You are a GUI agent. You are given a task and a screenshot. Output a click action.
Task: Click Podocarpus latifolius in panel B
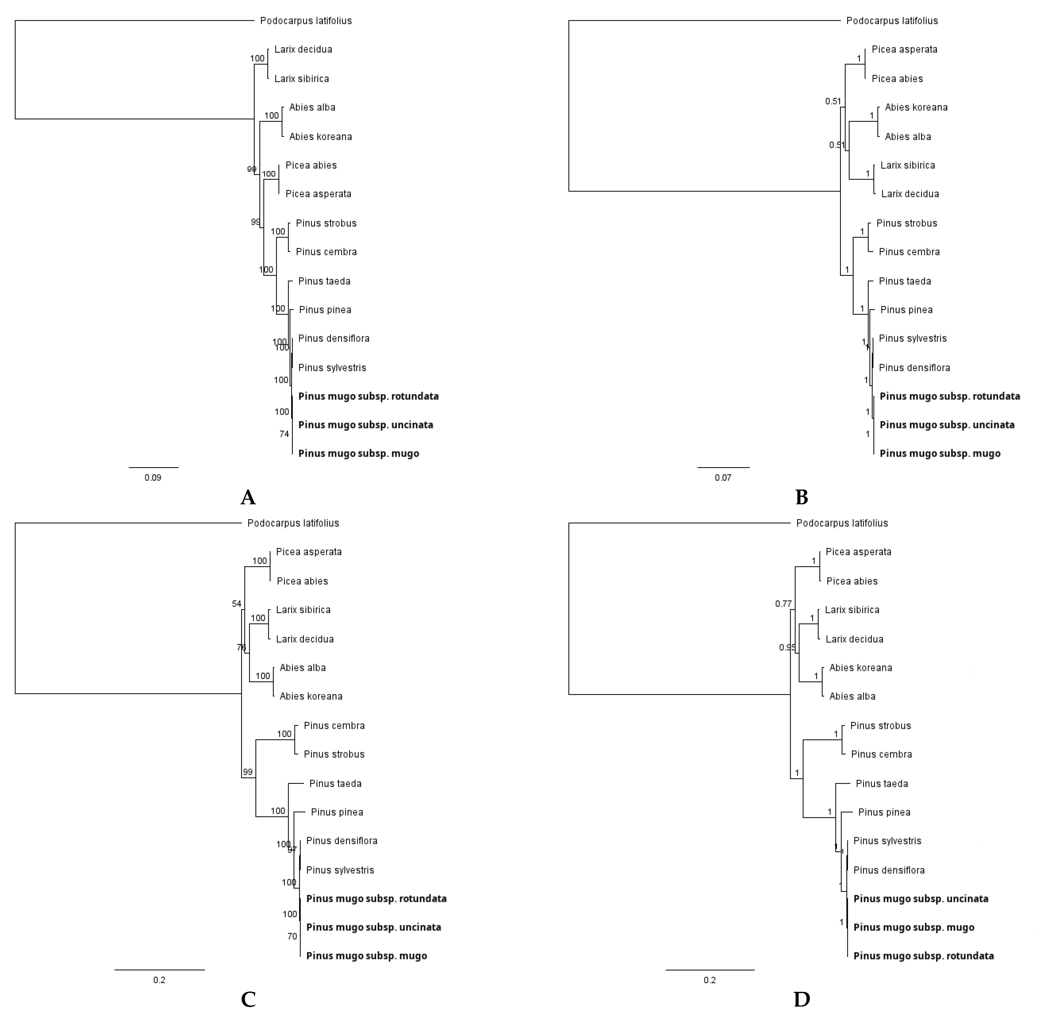(x=892, y=21)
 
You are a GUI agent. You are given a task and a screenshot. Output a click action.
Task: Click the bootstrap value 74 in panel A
(x=284, y=434)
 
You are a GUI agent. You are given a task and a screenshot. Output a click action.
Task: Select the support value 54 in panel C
(x=237, y=604)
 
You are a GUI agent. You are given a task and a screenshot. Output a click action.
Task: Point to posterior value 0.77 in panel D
(x=783, y=604)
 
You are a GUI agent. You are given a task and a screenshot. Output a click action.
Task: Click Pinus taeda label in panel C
(x=335, y=783)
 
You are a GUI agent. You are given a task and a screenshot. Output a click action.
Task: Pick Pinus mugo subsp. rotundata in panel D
(x=923, y=956)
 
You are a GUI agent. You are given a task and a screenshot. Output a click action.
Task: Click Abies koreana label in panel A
(x=320, y=137)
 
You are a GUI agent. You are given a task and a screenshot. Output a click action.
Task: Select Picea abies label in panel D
(x=852, y=581)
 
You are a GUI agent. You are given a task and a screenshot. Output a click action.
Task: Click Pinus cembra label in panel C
(x=334, y=726)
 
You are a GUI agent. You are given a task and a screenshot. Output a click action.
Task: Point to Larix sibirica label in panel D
(x=852, y=609)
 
